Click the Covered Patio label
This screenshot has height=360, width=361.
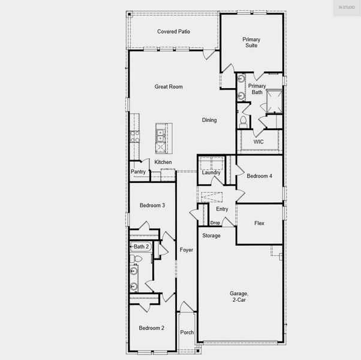[x=173, y=31]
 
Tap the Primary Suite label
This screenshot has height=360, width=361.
[x=251, y=42]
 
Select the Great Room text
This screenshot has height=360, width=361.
[x=169, y=87]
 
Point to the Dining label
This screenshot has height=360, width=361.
[x=209, y=120]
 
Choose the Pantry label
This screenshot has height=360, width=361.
[x=138, y=172]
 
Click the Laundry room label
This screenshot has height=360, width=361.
[x=211, y=173]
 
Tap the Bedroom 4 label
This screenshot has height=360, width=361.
[x=259, y=176]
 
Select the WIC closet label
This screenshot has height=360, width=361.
[x=258, y=142]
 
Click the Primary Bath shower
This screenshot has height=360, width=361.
[x=275, y=101]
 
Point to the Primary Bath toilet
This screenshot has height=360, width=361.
[x=243, y=121]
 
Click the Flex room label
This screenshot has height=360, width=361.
[x=259, y=223]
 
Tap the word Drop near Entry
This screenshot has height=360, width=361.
[x=215, y=223]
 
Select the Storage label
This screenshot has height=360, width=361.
[x=211, y=236]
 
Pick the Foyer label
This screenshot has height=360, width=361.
[x=186, y=250]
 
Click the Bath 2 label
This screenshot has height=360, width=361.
[x=142, y=247]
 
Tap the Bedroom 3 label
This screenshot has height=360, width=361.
[x=152, y=206]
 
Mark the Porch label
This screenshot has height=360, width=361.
[x=187, y=332]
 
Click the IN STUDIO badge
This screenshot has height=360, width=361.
[x=347, y=7]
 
